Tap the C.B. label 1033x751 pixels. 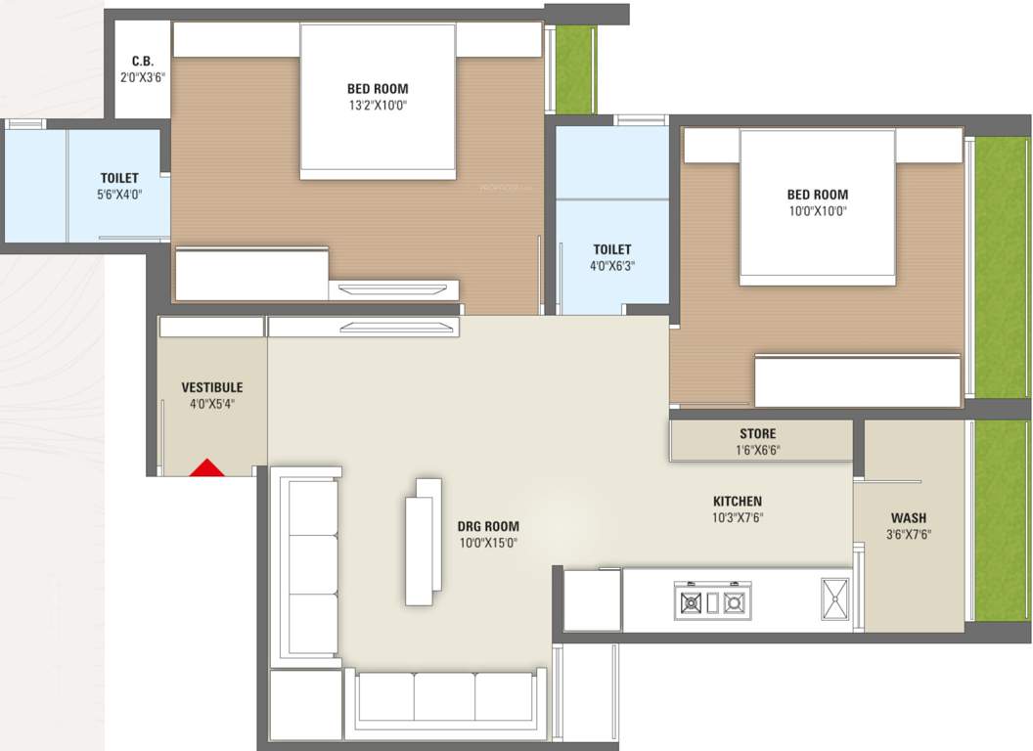pos(143,61)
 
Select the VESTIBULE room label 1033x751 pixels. pos(211,387)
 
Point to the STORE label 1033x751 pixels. pos(757,433)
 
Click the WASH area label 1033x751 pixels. pos(908,517)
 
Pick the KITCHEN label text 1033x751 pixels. pos(737,502)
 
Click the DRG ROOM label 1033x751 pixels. pos(488,526)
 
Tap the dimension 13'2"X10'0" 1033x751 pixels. pos(377,106)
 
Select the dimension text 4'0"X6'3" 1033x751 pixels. pos(611,266)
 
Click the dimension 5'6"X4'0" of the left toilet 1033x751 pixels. pos(118,195)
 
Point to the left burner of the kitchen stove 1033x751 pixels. pos(691,601)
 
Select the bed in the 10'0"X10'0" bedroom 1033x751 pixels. pos(817,207)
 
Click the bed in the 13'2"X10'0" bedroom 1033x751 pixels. pos(378,102)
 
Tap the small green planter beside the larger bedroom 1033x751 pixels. pos(575,69)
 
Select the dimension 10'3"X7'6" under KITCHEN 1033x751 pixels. pos(737,518)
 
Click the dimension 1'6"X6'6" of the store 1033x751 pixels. pos(757,451)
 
